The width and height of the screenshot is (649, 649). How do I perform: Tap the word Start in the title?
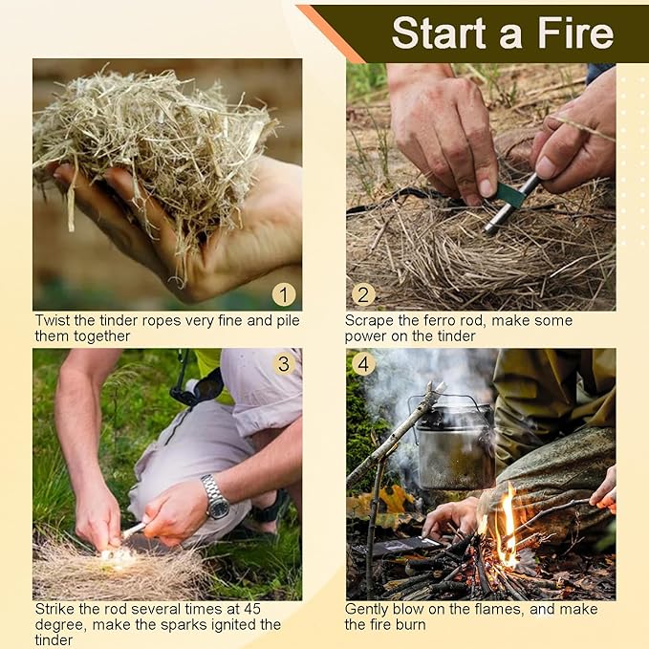[439, 33]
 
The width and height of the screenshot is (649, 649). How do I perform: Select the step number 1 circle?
[284, 294]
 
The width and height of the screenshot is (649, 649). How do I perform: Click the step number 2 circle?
[363, 294]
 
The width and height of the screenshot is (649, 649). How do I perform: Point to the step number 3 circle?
[284, 364]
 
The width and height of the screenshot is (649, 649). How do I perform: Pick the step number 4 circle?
[363, 364]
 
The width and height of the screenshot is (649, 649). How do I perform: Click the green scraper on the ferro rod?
[510, 195]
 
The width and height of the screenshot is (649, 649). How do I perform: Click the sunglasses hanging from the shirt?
[198, 389]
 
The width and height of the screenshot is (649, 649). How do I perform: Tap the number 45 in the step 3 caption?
[252, 609]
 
